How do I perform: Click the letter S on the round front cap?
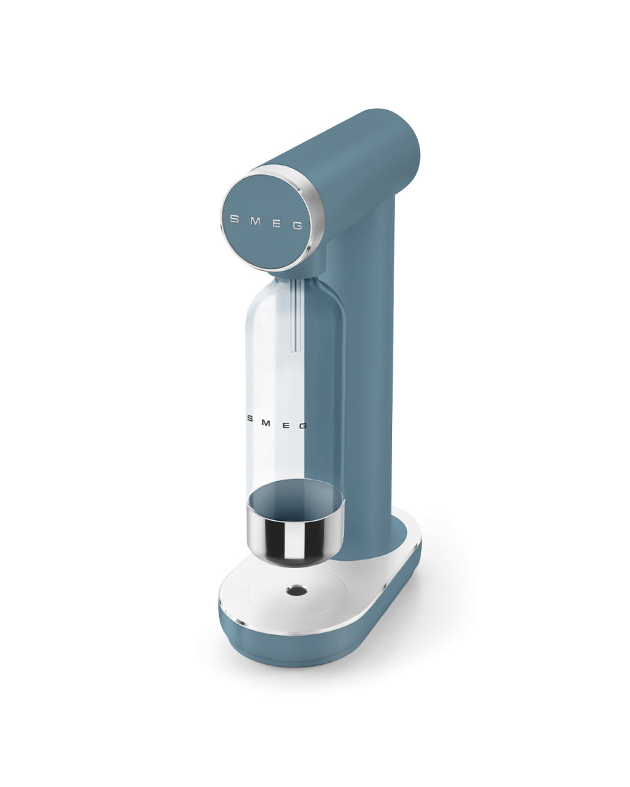point(235,218)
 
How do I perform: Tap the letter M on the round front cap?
point(254,221)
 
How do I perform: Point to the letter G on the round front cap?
point(297,227)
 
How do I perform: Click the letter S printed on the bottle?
point(249,418)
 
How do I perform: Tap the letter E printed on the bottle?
point(285,424)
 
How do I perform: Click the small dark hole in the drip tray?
point(295,590)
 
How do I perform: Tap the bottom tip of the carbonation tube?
point(293,349)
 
